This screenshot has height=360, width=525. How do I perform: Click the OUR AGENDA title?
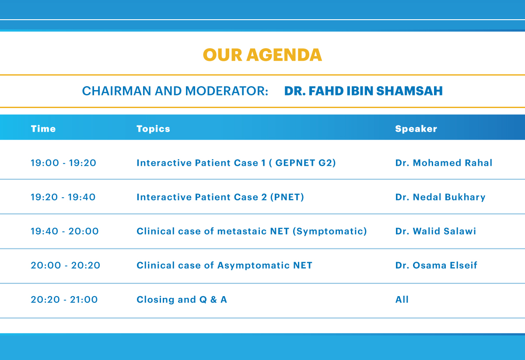[262, 55]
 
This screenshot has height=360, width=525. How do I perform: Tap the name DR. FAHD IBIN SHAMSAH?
[363, 91]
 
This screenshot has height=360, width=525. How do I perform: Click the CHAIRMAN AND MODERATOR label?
[175, 91]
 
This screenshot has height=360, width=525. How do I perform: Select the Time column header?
[43, 129]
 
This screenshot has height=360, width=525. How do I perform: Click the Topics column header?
[153, 129]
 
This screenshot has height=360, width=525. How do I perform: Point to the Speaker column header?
[416, 129]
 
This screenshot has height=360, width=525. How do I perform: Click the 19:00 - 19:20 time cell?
[63, 163]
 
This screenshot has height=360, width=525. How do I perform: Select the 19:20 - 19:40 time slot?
[63, 197]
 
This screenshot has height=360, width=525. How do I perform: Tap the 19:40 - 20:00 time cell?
[65, 231]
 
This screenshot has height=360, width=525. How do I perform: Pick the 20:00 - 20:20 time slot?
[65, 266]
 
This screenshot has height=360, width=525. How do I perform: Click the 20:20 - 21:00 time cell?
[64, 300]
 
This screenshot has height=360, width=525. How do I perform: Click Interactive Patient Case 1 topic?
[236, 163]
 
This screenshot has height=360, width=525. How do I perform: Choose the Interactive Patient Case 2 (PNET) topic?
[220, 197]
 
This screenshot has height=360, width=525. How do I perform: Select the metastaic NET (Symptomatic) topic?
[252, 231]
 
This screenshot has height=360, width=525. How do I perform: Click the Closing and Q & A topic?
[182, 300]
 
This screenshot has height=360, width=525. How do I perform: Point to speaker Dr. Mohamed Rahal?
[444, 163]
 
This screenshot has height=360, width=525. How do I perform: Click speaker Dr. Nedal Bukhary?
[440, 197]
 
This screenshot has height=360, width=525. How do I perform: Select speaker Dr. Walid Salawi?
[436, 231]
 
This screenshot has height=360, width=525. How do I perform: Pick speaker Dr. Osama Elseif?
[436, 266]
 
